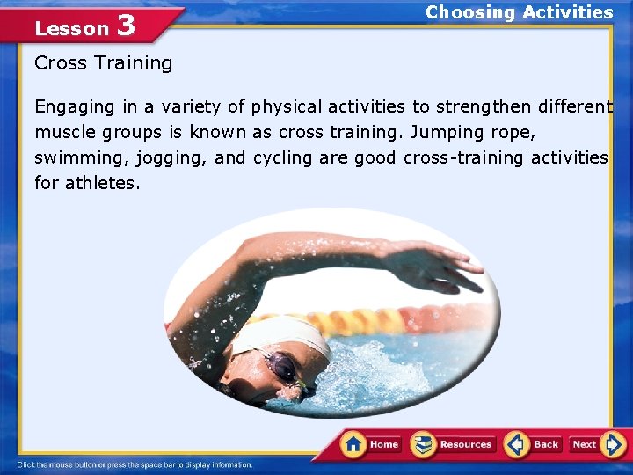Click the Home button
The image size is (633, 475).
[x=373, y=444]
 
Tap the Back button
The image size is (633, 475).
[x=534, y=444]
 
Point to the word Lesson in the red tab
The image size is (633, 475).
[x=71, y=28]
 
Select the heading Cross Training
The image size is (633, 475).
[x=104, y=63]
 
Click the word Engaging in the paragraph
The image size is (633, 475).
[x=75, y=107]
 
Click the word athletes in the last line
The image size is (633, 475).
[x=102, y=184]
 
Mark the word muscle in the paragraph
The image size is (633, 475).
[x=63, y=133]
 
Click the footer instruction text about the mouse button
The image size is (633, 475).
[x=135, y=464]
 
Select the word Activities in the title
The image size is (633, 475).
[x=567, y=12]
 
